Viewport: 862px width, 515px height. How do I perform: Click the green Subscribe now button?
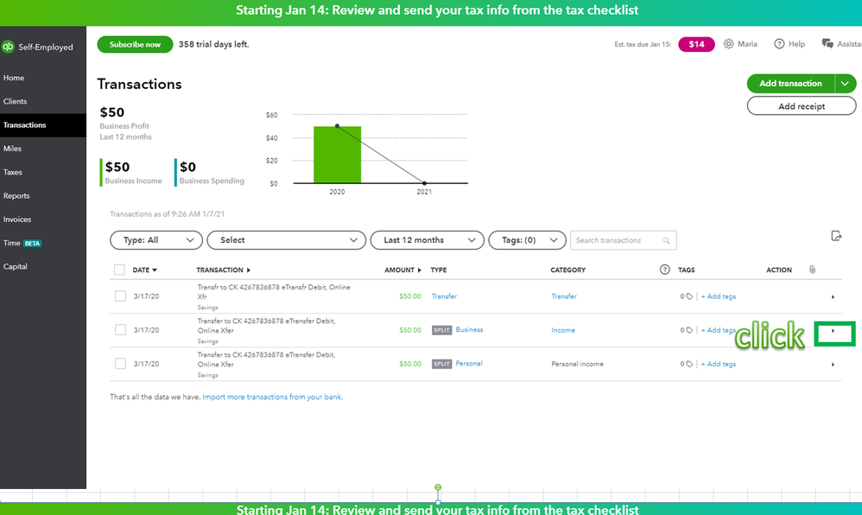[x=135, y=44]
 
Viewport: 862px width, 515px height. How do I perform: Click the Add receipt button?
[x=801, y=106]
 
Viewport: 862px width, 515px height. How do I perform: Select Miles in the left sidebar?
[x=13, y=149]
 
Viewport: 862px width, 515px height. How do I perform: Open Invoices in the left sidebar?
[x=17, y=219]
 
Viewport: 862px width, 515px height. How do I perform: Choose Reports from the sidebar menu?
[x=16, y=196]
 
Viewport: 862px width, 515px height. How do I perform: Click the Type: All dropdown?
[x=156, y=240]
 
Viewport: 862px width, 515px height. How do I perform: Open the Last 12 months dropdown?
[x=427, y=240]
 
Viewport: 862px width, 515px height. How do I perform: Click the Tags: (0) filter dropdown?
[x=527, y=240]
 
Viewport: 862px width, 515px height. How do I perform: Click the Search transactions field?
[x=618, y=240]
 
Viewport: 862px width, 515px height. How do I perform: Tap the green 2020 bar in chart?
[x=337, y=156]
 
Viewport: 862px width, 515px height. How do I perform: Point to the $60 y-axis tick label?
[x=271, y=115]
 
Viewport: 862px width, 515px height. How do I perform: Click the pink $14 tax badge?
[x=696, y=44]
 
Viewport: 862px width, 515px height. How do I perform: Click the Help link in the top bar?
[x=789, y=44]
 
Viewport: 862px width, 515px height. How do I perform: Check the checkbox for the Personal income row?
[x=120, y=364]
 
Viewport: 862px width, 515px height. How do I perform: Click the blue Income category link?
[x=563, y=330]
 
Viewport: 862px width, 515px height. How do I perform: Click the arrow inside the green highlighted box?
[x=833, y=331]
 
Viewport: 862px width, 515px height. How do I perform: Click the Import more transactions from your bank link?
[x=272, y=397]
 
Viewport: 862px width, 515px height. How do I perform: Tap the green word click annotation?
[x=770, y=334]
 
